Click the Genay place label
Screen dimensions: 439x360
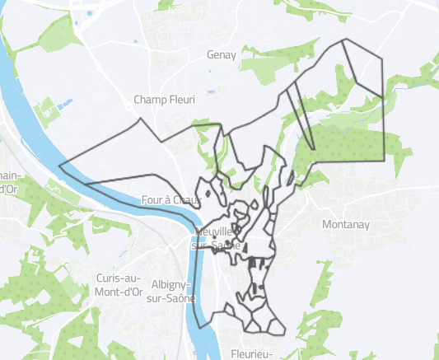click(x=222, y=55)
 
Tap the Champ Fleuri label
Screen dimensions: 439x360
click(x=165, y=100)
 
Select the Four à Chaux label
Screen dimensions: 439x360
click(x=171, y=199)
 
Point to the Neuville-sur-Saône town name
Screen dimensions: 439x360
click(x=216, y=239)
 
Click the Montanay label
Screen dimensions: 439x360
click(x=346, y=224)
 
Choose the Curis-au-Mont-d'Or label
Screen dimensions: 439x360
click(x=120, y=284)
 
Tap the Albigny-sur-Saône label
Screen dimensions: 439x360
click(x=172, y=291)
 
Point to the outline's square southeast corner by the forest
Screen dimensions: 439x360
click(x=384, y=158)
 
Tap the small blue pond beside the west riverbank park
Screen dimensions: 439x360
click(x=64, y=104)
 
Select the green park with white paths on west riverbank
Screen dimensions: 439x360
click(x=49, y=111)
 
